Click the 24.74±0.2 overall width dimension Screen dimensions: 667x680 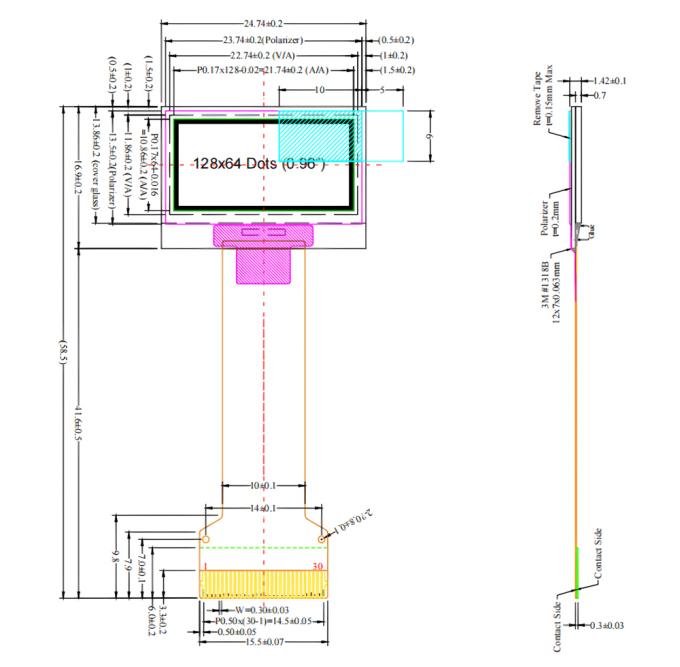pos(263,22)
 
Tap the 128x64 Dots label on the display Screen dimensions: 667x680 pos(236,163)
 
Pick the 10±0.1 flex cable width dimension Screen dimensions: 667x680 pos(262,485)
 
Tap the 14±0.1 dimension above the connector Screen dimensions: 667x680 pos(262,509)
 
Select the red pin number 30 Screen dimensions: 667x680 pos(317,566)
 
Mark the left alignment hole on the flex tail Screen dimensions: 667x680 pos(206,540)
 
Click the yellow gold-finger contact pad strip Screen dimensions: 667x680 pos(264,585)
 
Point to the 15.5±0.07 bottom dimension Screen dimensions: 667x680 pos(262,643)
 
